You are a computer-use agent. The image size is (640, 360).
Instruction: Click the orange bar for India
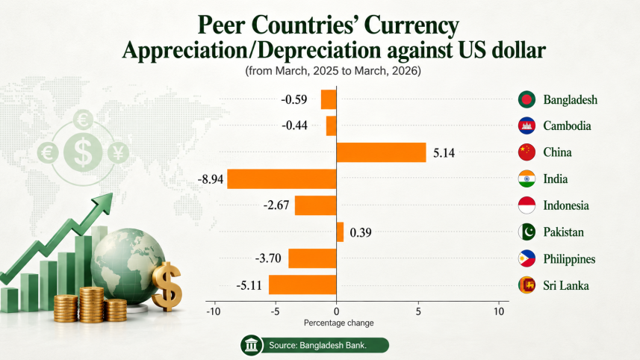click(x=282, y=179)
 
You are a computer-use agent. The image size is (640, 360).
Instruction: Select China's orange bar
click(x=381, y=152)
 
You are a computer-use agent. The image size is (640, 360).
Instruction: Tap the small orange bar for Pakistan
click(x=340, y=232)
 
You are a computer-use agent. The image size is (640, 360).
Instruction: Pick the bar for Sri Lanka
click(x=302, y=285)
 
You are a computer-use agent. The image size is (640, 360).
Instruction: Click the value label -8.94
click(x=211, y=179)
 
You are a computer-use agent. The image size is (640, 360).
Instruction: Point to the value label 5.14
click(x=444, y=153)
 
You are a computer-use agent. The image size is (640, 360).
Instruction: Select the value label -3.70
click(x=268, y=258)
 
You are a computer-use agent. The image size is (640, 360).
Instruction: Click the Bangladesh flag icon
click(x=526, y=99)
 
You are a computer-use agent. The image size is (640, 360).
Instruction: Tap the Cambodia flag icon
click(x=526, y=125)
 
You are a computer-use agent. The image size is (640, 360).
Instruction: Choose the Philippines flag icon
click(x=526, y=258)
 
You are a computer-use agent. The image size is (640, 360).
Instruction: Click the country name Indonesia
click(x=566, y=205)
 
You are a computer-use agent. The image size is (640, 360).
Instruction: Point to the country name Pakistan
click(x=563, y=232)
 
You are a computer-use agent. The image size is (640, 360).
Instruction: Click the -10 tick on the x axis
click(x=213, y=311)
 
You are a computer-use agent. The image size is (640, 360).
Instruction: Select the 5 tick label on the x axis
click(x=418, y=311)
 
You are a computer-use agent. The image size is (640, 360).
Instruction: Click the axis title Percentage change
click(x=339, y=323)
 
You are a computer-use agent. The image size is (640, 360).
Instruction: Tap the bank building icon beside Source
click(x=251, y=345)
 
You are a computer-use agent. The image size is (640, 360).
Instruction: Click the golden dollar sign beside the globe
click(x=167, y=286)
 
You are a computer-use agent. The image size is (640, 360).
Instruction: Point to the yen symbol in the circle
click(x=119, y=152)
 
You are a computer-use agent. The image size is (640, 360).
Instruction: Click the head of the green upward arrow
click(x=104, y=203)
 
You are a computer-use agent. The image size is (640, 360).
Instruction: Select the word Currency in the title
click(x=411, y=25)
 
